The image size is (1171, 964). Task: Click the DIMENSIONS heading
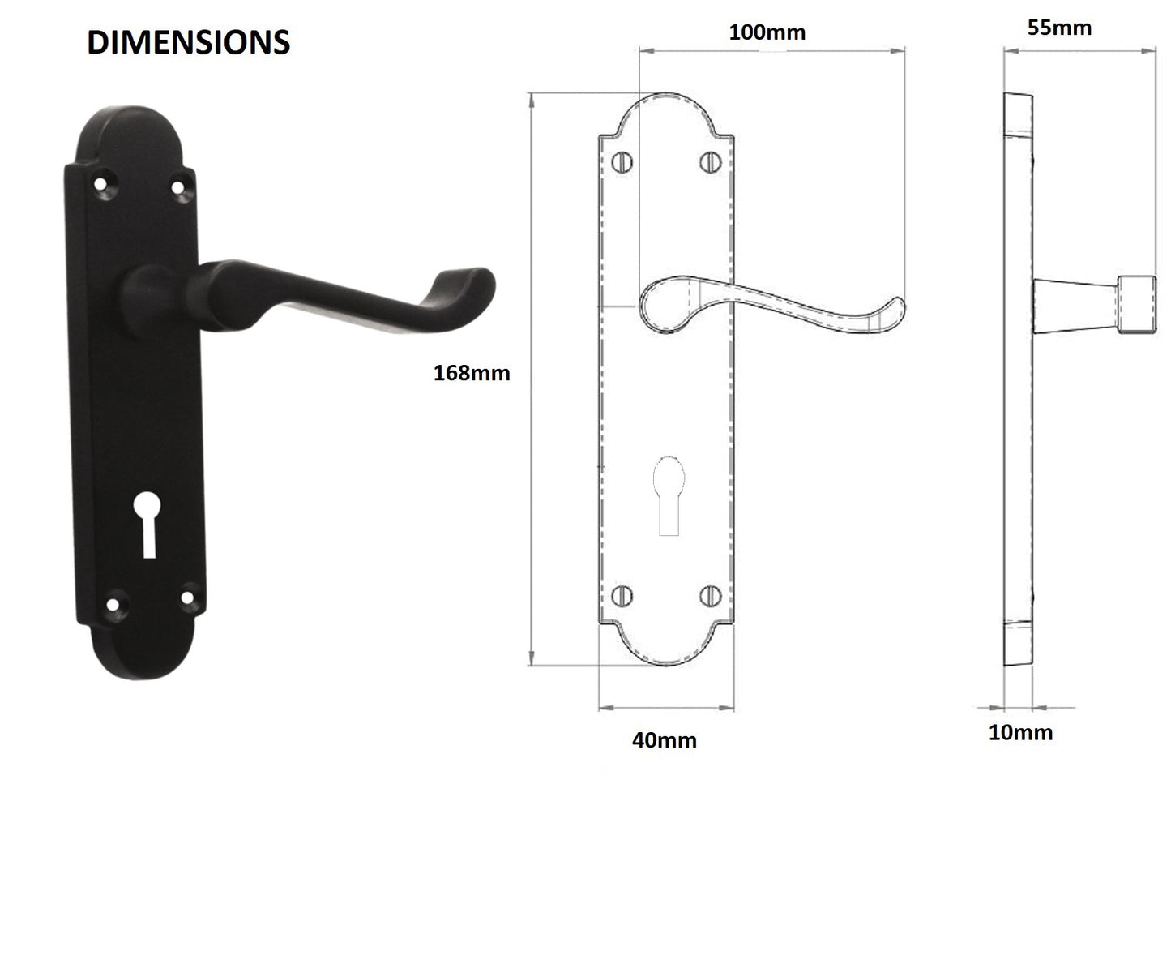(x=188, y=42)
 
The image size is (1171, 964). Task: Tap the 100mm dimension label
(x=767, y=32)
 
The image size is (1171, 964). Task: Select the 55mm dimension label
(x=1059, y=28)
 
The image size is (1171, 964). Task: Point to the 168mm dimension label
(x=472, y=373)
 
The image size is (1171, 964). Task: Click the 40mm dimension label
(x=664, y=740)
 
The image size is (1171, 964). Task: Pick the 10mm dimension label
(x=1020, y=733)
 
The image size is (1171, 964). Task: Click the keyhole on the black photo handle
(x=148, y=524)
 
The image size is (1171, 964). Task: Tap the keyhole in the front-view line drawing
(x=669, y=495)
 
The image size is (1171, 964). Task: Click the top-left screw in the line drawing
(x=622, y=162)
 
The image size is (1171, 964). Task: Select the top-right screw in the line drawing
(x=710, y=162)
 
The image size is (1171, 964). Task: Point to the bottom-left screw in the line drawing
(x=622, y=596)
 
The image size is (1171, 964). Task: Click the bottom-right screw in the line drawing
(x=710, y=596)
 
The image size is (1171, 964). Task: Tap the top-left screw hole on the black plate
(x=100, y=184)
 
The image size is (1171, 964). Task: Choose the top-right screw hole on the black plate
(x=177, y=187)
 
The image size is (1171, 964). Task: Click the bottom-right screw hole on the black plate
(x=187, y=598)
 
